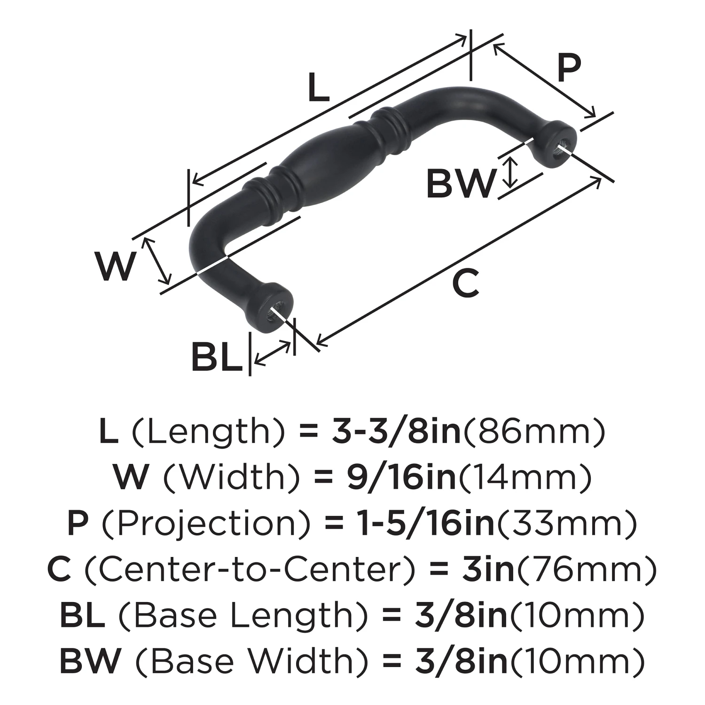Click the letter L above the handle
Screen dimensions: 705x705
click(319, 87)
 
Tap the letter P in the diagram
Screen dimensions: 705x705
click(569, 69)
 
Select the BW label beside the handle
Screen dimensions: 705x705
click(460, 184)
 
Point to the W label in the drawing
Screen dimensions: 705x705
click(116, 266)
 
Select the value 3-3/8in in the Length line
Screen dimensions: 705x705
click(396, 432)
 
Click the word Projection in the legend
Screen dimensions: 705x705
click(206, 524)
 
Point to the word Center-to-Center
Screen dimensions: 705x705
click(250, 569)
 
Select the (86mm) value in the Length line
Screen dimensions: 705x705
click(534, 432)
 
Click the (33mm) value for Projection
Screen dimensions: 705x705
click(567, 524)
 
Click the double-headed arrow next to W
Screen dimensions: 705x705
click(157, 261)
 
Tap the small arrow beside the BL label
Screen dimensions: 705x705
click(272, 353)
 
